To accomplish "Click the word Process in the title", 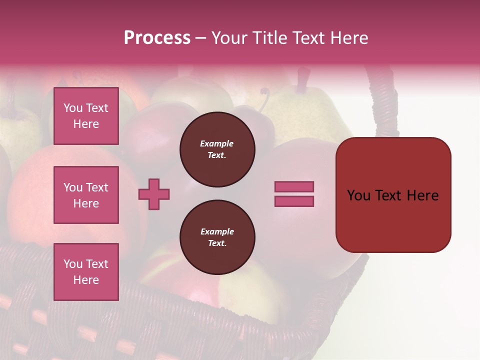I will tap(157, 38).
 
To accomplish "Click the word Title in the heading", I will tap(269, 38).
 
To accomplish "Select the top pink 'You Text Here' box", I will tap(86, 116).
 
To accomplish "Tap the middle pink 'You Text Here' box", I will tap(86, 195).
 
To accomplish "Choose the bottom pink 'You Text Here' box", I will tap(86, 271).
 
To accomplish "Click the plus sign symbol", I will tap(154, 194).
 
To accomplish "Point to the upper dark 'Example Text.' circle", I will tap(217, 149).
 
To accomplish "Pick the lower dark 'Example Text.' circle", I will tap(217, 237).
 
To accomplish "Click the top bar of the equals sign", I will tap(294, 186).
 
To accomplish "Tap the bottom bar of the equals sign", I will tap(294, 201).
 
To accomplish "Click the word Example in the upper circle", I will tap(217, 143).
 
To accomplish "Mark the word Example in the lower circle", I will tap(217, 231).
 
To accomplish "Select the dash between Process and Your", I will tap(200, 38).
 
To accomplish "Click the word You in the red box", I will tap(359, 195).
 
